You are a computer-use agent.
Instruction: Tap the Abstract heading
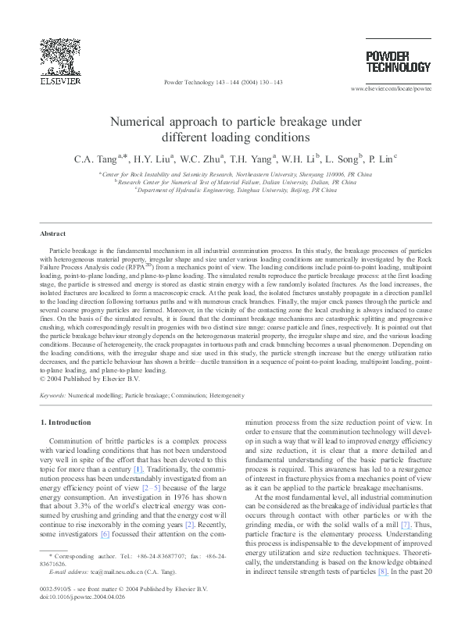click(54, 233)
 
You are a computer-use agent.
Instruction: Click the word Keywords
click(52, 396)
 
